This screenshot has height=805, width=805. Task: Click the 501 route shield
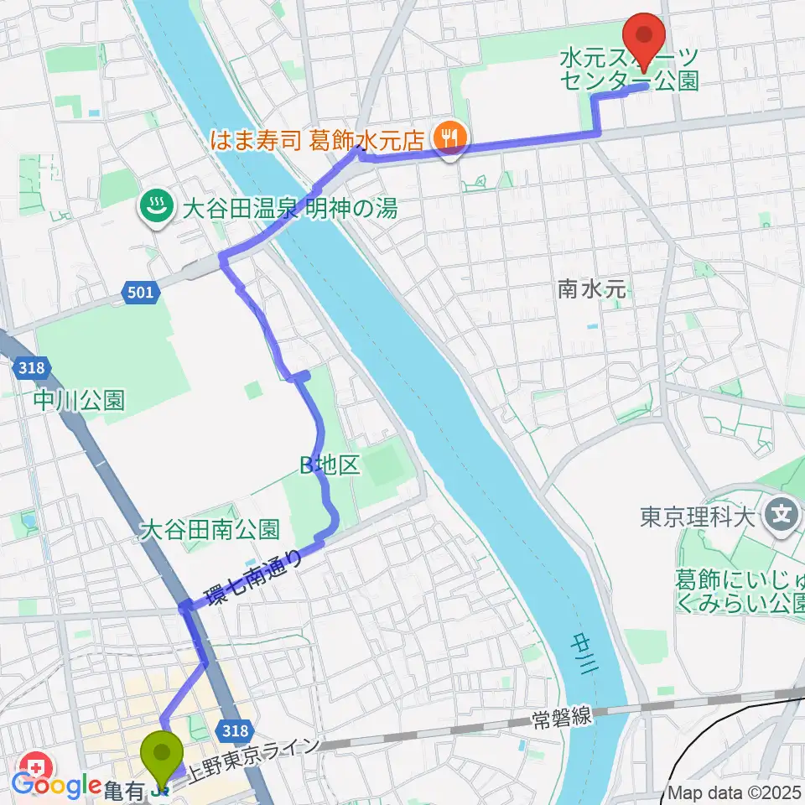[x=141, y=293]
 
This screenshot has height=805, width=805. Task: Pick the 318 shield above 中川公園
[x=33, y=366]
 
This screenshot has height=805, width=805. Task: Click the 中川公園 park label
[x=80, y=400]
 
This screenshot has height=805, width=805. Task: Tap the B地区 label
[x=331, y=467]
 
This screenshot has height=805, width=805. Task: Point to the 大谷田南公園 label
[x=210, y=529]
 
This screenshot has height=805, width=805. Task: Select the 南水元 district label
[x=592, y=290]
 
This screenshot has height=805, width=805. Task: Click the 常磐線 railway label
[x=563, y=717]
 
